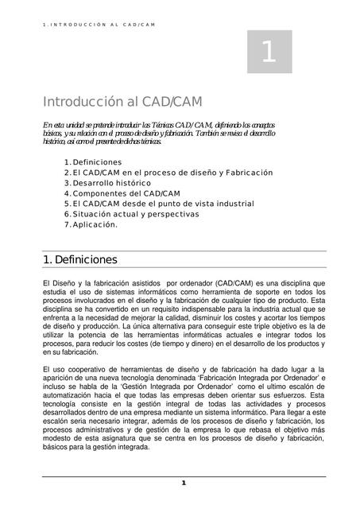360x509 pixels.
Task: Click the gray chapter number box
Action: (269, 52)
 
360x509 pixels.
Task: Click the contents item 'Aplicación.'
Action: (95, 224)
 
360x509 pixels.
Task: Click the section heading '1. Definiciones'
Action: (79, 260)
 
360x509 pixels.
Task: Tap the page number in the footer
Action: (183, 483)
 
